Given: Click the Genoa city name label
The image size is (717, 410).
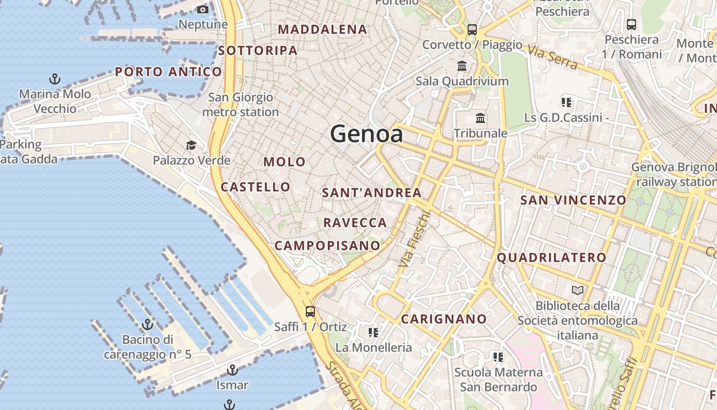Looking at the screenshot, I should click(x=366, y=134).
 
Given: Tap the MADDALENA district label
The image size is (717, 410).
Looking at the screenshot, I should click(x=323, y=30).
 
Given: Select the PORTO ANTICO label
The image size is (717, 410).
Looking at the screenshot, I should click(x=168, y=72).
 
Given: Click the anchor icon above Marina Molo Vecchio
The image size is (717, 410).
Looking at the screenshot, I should click(x=54, y=79).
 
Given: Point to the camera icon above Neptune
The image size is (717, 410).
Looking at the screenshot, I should click(x=203, y=9).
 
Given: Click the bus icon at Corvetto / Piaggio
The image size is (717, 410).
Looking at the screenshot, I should click(x=472, y=29).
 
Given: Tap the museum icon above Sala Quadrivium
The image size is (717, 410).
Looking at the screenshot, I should click(x=462, y=66).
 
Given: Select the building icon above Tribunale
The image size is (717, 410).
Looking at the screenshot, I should click(x=480, y=118).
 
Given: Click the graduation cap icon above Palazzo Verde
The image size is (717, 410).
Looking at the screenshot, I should click(x=191, y=146).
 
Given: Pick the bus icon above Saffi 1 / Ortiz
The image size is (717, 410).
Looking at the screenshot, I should click(x=310, y=311).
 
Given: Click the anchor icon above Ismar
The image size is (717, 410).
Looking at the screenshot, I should click(x=233, y=370).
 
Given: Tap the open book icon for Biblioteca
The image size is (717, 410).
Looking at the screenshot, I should click(x=578, y=291).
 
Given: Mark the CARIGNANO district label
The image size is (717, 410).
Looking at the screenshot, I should click(x=444, y=319).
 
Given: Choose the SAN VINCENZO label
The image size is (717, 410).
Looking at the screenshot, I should click(x=573, y=200).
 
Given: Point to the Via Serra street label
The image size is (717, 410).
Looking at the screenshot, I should click(x=552, y=57).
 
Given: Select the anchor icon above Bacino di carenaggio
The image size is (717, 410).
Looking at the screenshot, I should click(x=147, y=324).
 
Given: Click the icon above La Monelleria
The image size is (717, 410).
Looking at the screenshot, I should click(x=373, y=333).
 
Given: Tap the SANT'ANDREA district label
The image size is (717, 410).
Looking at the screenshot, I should click(x=372, y=193).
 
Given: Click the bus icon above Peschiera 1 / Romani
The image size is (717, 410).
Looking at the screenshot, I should click(x=631, y=24).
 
